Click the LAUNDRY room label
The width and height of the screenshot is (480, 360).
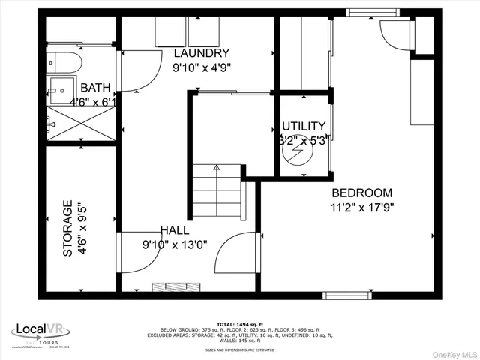point(201,53)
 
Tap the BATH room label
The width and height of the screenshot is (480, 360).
point(95,88)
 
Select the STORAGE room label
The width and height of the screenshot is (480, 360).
point(67,228)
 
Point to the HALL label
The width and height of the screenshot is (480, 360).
point(175,230)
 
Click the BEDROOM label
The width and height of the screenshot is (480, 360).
point(362,192)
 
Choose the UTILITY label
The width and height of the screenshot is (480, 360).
point(303,126)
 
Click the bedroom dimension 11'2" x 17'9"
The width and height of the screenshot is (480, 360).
point(362,207)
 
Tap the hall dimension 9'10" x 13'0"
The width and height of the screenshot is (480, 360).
point(175,244)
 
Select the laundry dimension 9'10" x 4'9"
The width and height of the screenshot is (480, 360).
point(201,67)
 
